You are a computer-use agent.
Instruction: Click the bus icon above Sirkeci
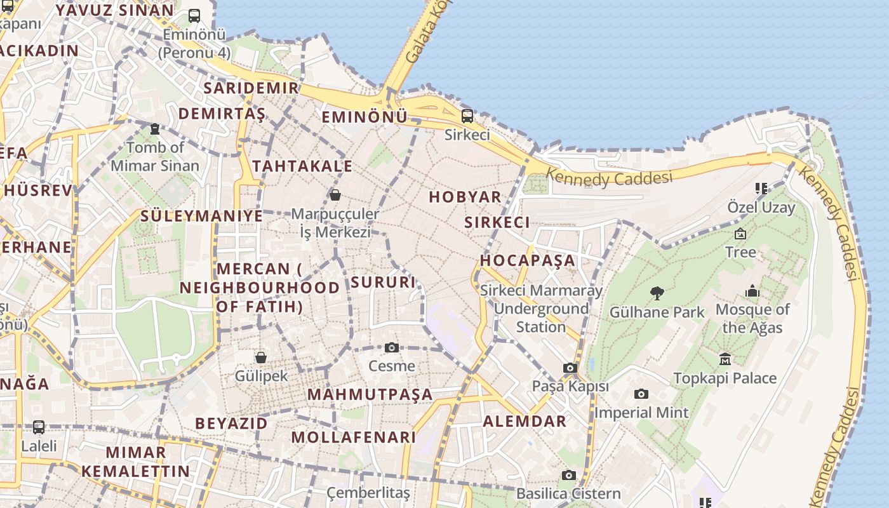coord(467,116)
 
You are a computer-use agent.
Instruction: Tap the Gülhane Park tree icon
coord(657,293)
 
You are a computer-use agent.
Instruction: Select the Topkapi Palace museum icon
coord(725,359)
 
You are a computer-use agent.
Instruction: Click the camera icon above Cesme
coord(392,347)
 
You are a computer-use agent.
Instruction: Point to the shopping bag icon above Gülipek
coord(260,358)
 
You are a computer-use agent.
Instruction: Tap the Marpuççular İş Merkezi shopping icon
coord(335,194)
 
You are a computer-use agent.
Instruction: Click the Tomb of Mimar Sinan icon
coord(154,129)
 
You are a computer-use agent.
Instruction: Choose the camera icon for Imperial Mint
coord(641,394)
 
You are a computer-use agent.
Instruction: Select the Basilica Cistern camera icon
coord(569,475)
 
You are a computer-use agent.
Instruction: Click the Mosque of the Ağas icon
coord(752,291)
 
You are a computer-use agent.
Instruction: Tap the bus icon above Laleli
coord(39,427)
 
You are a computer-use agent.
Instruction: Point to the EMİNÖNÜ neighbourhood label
coord(364,117)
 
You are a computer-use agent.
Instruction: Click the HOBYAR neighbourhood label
coord(465,197)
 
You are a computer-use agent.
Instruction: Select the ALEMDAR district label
coord(525,421)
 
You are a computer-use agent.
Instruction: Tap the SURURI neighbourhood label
coord(383,282)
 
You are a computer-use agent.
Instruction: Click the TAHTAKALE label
coord(302,166)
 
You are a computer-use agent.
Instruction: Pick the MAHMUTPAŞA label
coord(370,394)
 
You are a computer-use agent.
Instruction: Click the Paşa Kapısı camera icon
coord(570,368)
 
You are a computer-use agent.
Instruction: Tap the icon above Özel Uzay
coord(761,189)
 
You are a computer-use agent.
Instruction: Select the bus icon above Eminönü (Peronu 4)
coord(194,16)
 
